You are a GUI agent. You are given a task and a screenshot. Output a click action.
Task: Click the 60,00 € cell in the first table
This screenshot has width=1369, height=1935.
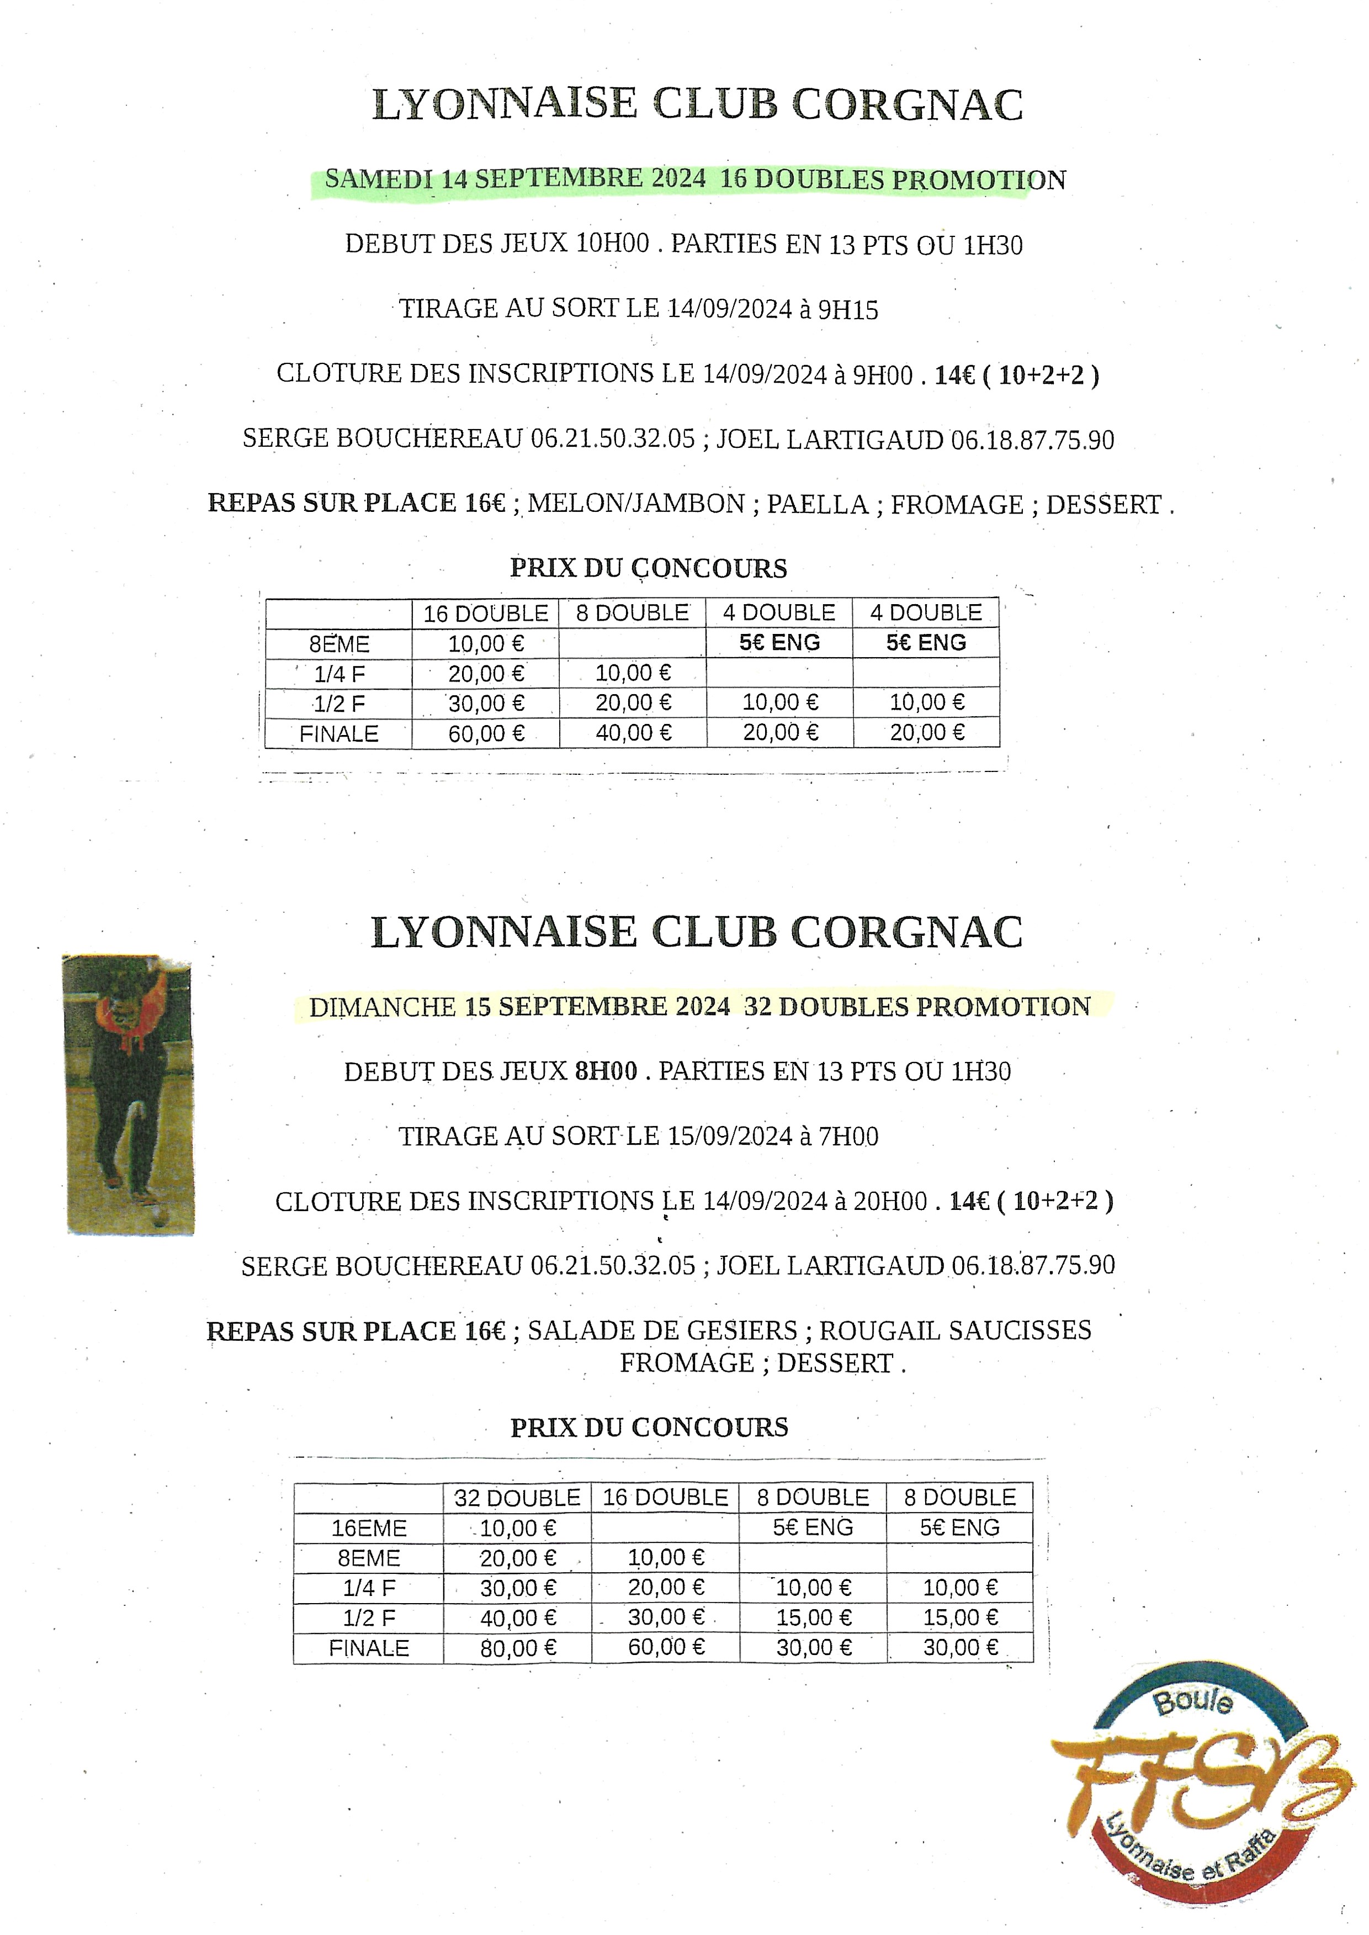click(486, 733)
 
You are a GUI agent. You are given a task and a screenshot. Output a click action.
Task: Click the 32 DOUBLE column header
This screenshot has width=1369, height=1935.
click(517, 1498)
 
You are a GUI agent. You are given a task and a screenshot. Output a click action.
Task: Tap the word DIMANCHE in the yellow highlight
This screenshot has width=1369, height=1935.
click(382, 1007)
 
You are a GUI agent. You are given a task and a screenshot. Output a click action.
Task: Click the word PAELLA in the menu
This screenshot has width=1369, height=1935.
click(817, 504)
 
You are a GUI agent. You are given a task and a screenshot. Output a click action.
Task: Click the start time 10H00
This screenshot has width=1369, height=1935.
click(612, 244)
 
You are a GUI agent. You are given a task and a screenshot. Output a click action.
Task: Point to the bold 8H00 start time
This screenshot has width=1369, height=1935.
click(605, 1071)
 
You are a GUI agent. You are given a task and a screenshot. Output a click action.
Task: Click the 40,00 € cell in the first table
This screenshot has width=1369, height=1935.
click(633, 733)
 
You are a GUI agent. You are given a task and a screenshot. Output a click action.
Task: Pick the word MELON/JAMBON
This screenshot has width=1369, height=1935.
click(635, 504)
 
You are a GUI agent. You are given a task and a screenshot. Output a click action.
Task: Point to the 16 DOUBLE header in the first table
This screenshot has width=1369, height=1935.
click(486, 613)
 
